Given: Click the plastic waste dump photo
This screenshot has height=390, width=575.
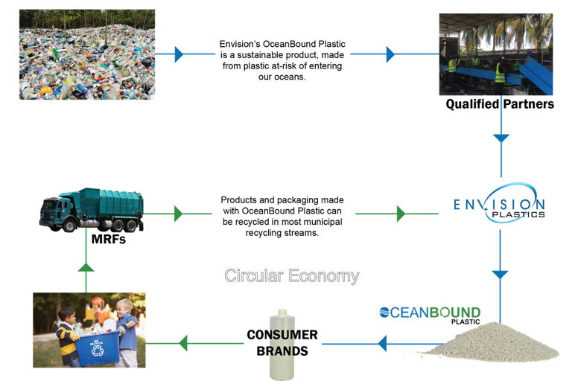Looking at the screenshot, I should [86, 54].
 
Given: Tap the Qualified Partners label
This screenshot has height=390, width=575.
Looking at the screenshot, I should [500, 105].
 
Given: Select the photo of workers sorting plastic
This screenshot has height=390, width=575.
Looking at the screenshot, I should [495, 54].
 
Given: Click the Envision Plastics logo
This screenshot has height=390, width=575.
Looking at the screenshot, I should [500, 202].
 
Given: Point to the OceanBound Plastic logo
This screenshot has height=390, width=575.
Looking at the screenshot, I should [430, 313].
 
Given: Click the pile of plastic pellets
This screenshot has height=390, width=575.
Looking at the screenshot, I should [496, 343].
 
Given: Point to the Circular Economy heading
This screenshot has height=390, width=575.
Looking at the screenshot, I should [291, 276].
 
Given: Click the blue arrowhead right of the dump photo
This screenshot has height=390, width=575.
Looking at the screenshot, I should [178, 54].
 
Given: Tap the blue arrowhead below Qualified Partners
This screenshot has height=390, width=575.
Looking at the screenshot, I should [501, 138].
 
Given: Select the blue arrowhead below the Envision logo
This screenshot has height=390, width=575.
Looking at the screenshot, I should [501, 275].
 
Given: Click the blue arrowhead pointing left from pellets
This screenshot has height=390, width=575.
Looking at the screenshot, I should [382, 343].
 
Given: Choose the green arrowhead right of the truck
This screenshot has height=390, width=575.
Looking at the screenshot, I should [178, 214].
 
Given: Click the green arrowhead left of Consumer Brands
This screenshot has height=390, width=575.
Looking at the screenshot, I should [183, 343].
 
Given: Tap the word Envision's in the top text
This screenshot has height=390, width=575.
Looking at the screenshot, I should [238, 44].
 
